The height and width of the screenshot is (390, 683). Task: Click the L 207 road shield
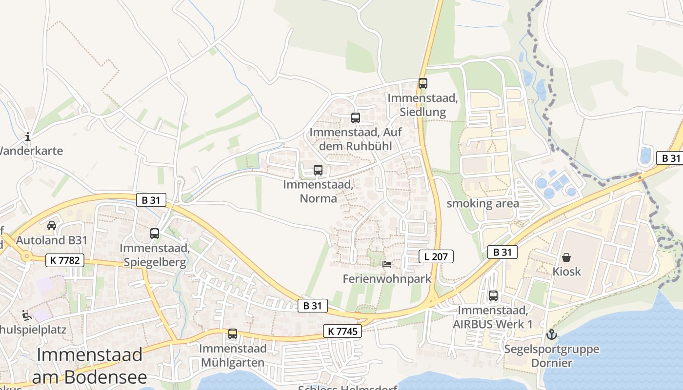click(436, 256)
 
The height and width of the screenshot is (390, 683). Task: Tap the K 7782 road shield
click(65, 260)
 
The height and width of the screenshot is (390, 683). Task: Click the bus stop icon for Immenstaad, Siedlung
click(422, 83)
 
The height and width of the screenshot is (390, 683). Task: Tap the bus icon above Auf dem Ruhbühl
click(355, 118)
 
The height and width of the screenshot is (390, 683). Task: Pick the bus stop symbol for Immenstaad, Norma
click(318, 170)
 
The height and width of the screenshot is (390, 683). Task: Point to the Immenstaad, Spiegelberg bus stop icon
click(155, 234)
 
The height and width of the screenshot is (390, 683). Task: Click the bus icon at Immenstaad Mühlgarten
click(233, 334)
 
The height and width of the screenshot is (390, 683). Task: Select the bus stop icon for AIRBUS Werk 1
click(493, 296)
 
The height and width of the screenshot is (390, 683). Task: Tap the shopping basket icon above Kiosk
click(566, 257)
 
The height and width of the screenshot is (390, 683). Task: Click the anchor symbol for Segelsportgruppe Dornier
click(552, 334)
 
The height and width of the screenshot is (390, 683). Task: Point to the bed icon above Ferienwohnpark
click(387, 264)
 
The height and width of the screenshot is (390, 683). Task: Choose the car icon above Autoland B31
click(52, 225)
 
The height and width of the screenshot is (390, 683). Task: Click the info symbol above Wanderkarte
click(28, 136)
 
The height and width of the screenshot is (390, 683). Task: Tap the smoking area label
click(483, 204)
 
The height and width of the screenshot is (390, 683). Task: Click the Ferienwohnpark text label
click(387, 279)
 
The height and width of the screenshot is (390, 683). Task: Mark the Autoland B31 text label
click(52, 240)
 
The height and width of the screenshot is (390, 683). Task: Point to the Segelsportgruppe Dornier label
click(552, 356)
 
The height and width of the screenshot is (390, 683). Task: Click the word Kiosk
click(566, 272)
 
